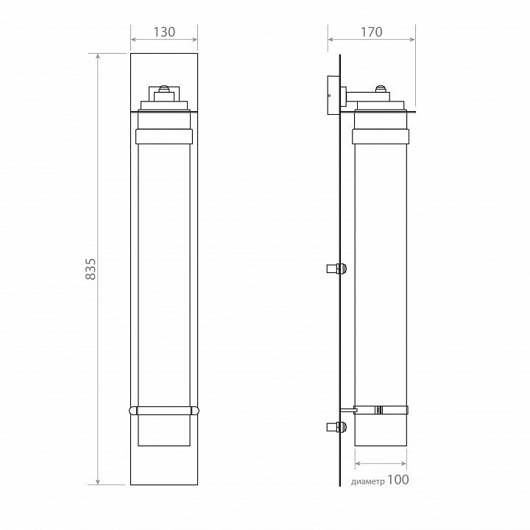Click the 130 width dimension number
click(x=164, y=32)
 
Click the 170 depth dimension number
click(x=371, y=32)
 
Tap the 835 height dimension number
click(x=91, y=269)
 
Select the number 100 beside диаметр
click(x=397, y=479)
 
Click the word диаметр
click(x=368, y=481)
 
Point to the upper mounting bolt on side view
click(x=336, y=269)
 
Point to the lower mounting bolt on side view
click(x=336, y=427)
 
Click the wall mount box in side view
click(x=333, y=95)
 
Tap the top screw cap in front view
click(x=164, y=89)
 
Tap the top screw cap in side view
click(x=381, y=89)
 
